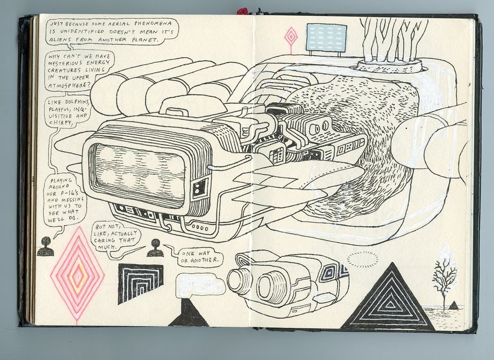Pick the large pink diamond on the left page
pyautogui.click(x=77, y=274)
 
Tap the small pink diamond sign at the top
pyautogui.click(x=291, y=36)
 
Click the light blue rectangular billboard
pyautogui.click(x=326, y=38)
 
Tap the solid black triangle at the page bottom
pyautogui.click(x=189, y=314)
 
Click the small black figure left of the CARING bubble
pyautogui.click(x=45, y=247)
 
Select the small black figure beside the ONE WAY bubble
pyautogui.click(x=155, y=248)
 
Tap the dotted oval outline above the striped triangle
pyautogui.click(x=363, y=259)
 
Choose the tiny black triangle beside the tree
pyautogui.click(x=453, y=305)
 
